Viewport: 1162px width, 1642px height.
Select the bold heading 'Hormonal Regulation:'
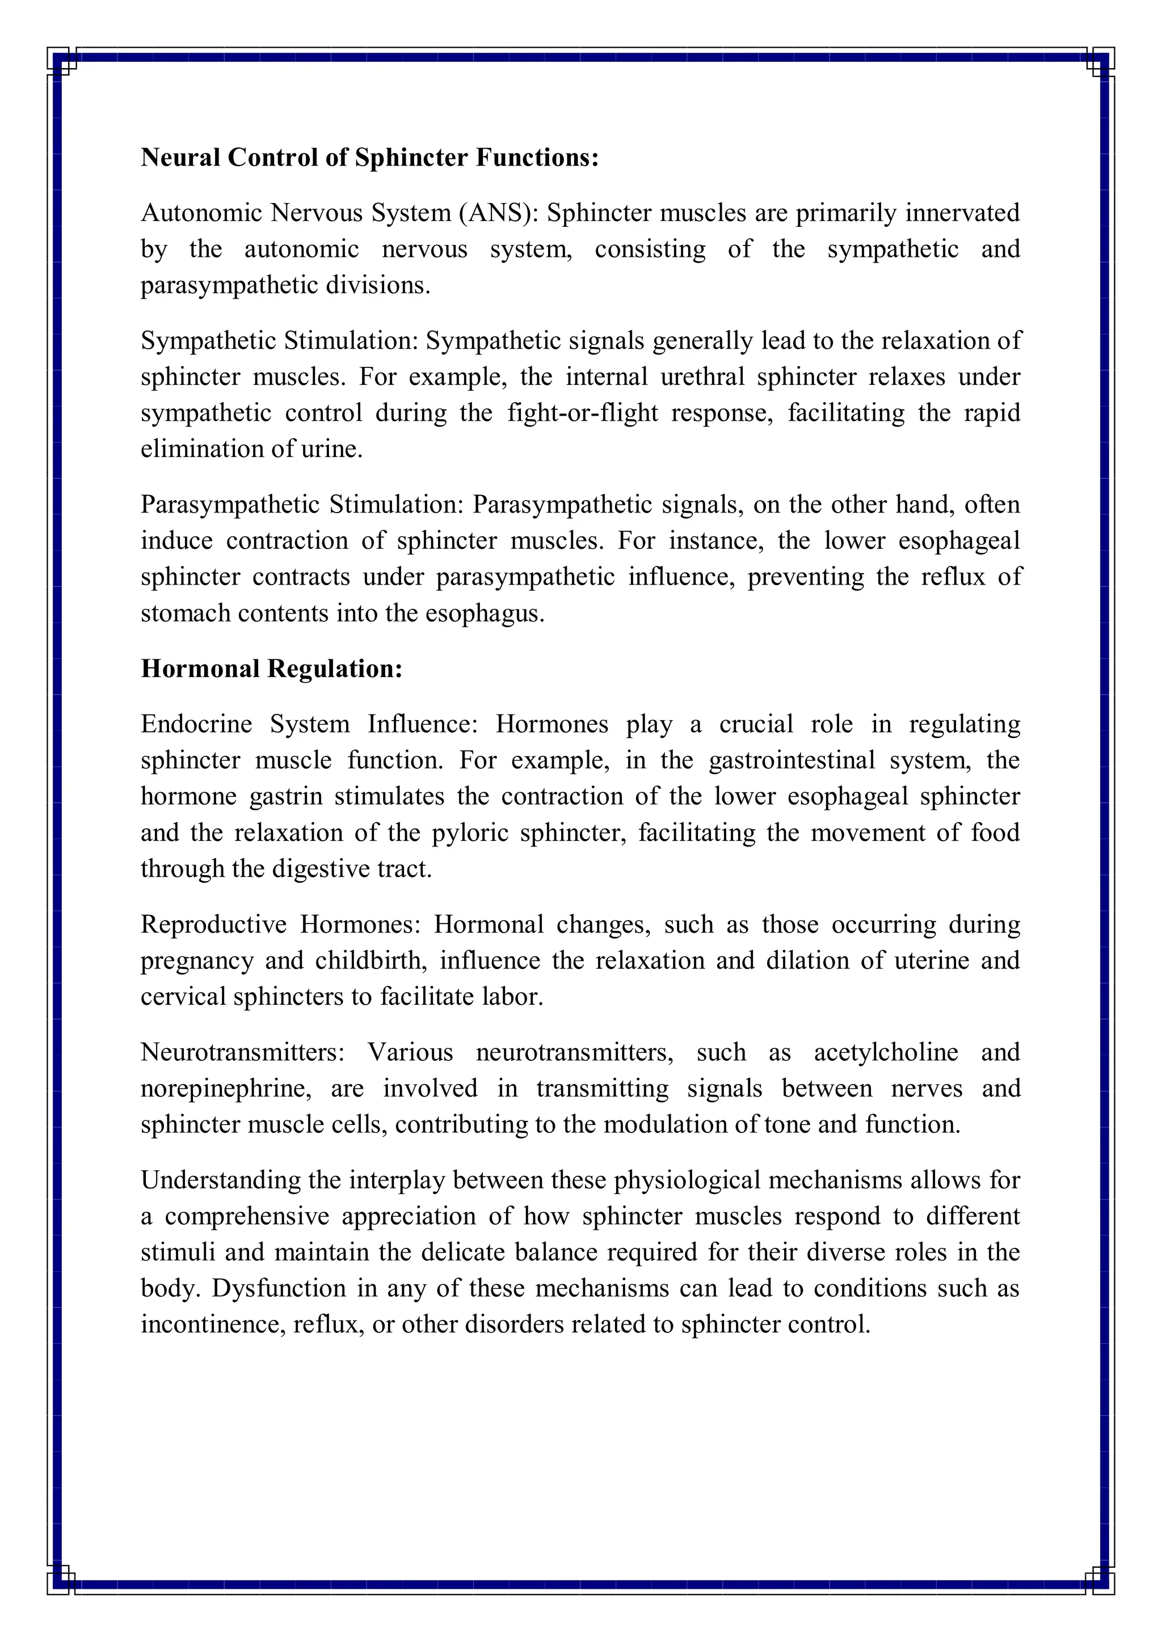pos(271,668)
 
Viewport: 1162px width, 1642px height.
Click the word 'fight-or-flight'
pos(583,413)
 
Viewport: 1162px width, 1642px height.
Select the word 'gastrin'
pos(285,796)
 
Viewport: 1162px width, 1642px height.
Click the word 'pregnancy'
pos(197,960)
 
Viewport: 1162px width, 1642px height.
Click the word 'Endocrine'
pos(196,723)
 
